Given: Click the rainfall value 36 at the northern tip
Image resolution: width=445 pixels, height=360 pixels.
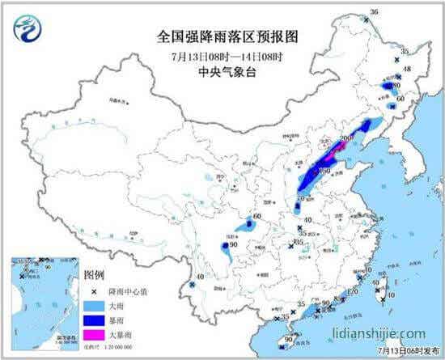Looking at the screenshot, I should tap(374, 12).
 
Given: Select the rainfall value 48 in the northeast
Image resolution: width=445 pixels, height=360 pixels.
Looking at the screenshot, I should tap(407, 69).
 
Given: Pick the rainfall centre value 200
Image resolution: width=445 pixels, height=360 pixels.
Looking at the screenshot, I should tap(346, 139).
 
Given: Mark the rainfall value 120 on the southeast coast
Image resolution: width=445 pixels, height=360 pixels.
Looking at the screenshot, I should tap(353, 292).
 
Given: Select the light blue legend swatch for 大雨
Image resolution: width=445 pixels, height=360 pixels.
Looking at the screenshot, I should tap(95, 303).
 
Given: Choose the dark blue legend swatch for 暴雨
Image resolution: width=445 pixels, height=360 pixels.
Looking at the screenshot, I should tap(95, 318).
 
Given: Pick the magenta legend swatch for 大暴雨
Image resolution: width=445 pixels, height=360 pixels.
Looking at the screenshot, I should tap(95, 332).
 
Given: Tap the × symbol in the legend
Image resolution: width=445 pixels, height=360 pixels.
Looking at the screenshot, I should tap(95, 290).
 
